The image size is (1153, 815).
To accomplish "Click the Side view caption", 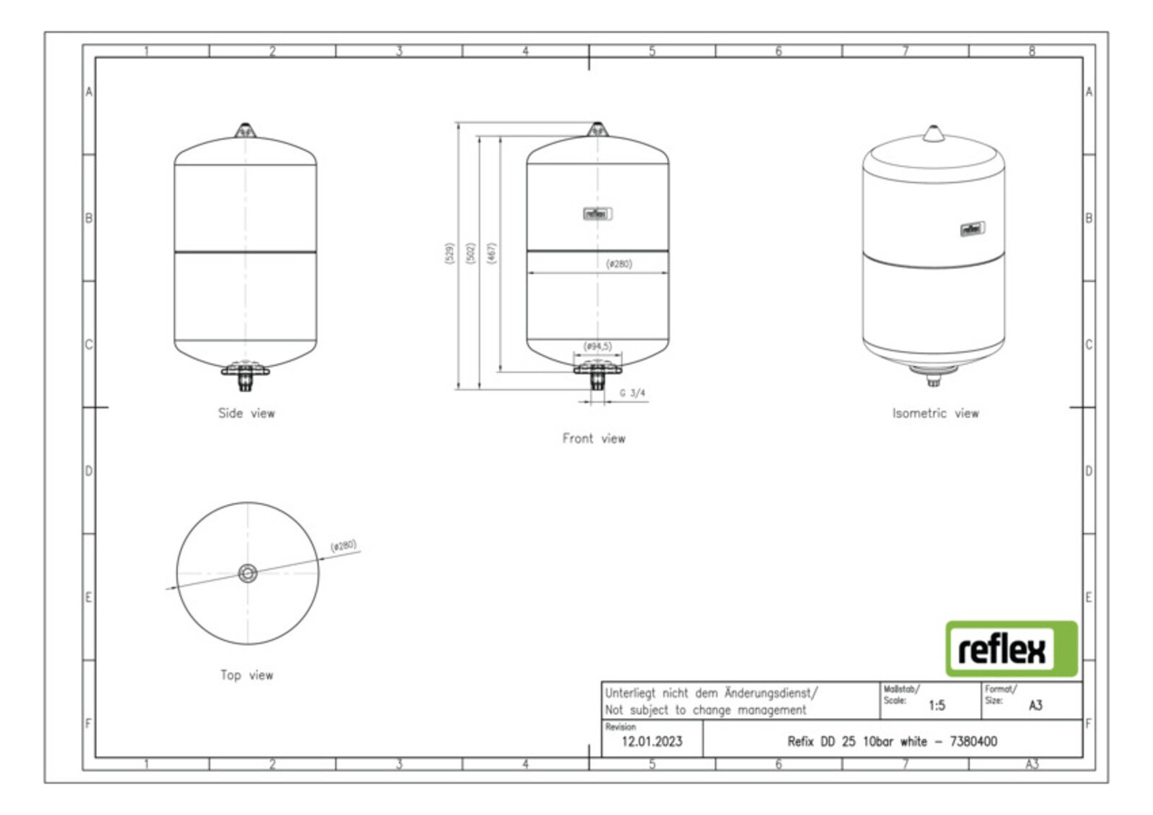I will (x=247, y=413).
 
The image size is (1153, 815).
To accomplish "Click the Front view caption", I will (x=594, y=438).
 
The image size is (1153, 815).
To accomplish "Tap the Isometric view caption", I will (x=935, y=413).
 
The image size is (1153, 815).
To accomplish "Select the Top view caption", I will (x=247, y=675).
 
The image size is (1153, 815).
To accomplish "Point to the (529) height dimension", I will (x=448, y=253).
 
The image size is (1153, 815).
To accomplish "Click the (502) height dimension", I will (x=470, y=253).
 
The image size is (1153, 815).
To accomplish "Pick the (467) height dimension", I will (x=491, y=253).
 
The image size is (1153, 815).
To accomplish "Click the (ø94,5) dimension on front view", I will (x=597, y=346).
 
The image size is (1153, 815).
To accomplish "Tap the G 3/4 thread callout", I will (x=632, y=393).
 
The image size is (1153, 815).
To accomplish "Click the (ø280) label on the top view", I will (x=344, y=545).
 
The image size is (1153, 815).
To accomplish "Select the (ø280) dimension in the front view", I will (x=618, y=264).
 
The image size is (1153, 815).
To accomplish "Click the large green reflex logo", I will (x=1011, y=649).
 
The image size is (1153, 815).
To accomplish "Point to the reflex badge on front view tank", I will (x=597, y=213).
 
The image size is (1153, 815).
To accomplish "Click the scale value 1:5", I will (x=936, y=705).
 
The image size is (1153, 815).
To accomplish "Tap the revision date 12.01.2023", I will (x=652, y=741).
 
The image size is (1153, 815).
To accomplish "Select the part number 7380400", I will (x=973, y=741).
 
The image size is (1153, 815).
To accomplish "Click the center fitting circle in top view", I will (x=247, y=573).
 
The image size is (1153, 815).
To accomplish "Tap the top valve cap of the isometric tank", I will (x=933, y=133).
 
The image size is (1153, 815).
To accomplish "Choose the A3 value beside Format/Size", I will (x=1035, y=705).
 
